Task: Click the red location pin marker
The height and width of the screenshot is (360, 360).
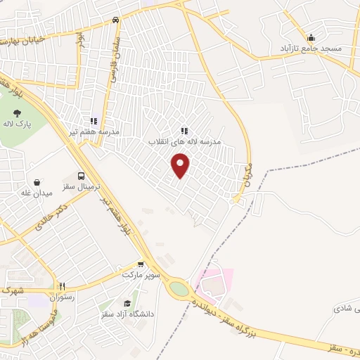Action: [181, 165]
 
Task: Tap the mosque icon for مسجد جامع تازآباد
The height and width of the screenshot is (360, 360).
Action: [311, 37]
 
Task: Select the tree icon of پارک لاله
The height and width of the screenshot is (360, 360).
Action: [18, 112]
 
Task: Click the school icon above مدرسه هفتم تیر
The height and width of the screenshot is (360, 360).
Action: [93, 121]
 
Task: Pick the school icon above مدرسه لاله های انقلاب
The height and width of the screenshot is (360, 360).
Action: [184, 130]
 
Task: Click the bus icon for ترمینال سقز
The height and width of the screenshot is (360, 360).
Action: [82, 176]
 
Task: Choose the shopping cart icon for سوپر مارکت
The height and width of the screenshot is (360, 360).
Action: [141, 265]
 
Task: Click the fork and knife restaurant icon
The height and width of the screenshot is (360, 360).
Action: [62, 286]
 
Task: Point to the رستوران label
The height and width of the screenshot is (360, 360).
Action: [62, 297]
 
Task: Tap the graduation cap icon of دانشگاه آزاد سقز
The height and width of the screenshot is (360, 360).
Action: [127, 302]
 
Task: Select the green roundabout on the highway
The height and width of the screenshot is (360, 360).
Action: [179, 288]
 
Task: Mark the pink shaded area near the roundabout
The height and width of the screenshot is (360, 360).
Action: [214, 285]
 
